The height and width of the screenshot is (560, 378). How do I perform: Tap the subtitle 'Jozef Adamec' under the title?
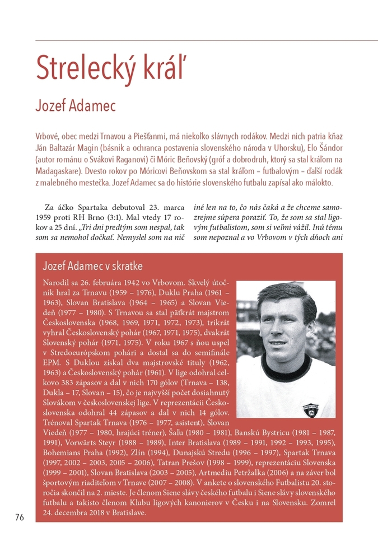click(76, 105)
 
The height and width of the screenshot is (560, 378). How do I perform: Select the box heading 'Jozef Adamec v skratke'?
click(92, 265)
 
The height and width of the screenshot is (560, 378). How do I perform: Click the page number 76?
click(20, 517)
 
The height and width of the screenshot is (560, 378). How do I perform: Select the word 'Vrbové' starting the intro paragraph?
click(48, 136)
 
